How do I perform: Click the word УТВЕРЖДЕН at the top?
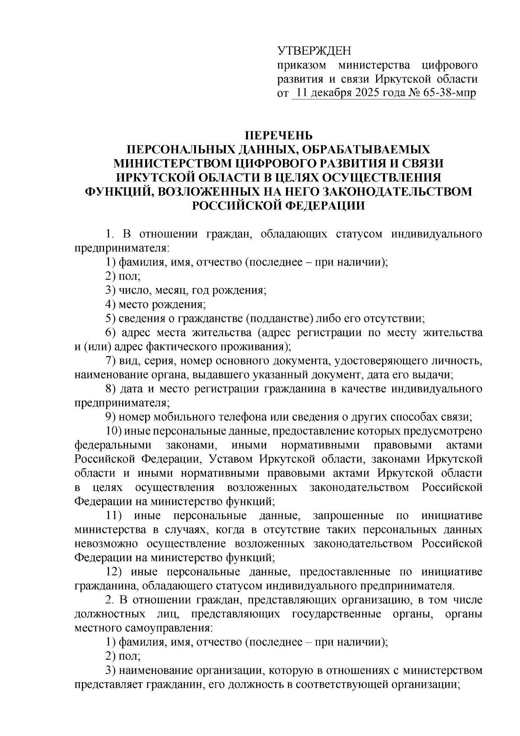pos(314,51)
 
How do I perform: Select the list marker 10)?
pos(114,431)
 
